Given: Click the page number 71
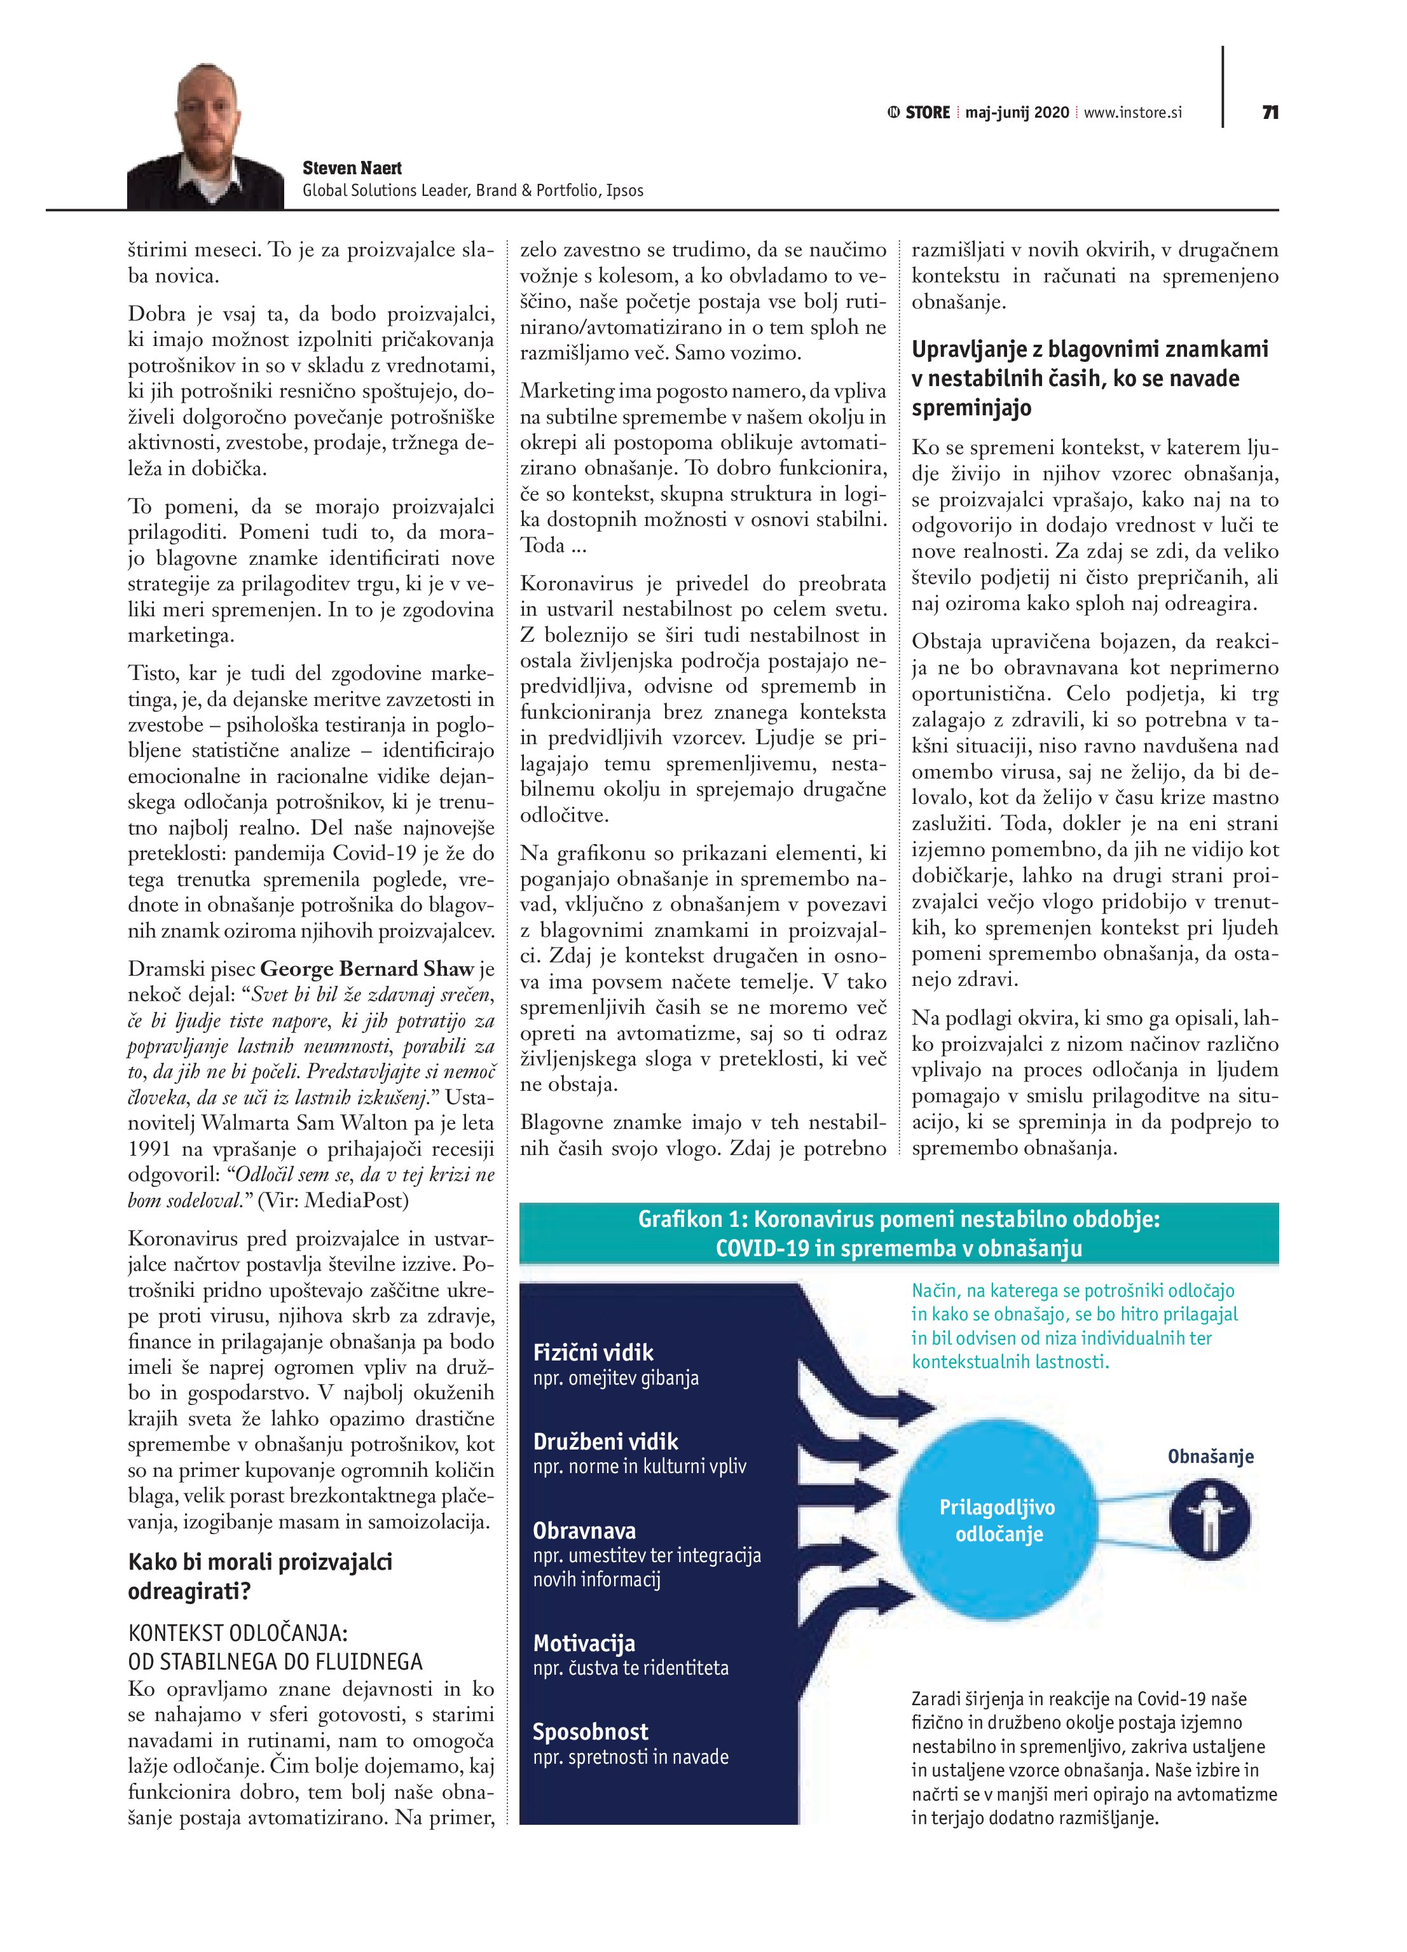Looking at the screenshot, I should [1269, 113].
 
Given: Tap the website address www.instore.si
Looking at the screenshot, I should [1132, 113].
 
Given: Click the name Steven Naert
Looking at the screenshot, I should [352, 169].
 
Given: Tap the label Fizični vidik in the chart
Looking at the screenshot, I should [593, 1352].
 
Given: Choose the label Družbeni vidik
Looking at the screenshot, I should [605, 1442].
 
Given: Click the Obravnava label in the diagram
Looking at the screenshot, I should [584, 1531].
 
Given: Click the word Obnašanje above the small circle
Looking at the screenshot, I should [1210, 1457].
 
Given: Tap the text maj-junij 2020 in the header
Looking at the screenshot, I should [1017, 113].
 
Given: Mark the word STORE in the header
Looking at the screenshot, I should [927, 113].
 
